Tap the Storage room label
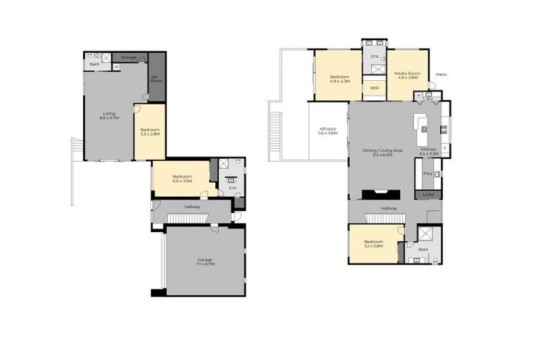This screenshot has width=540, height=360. click(x=129, y=57)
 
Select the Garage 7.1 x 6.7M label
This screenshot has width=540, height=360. click(x=205, y=262)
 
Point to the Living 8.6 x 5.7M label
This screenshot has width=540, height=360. click(x=109, y=115)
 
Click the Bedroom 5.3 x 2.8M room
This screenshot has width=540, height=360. click(x=150, y=131)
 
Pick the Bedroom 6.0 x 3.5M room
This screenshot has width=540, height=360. click(x=184, y=179)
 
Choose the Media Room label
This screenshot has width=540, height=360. click(x=407, y=75)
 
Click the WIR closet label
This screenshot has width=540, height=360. click(x=374, y=89)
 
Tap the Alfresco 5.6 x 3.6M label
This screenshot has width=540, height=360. click(x=328, y=131)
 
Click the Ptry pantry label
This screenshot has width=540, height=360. click(x=427, y=172)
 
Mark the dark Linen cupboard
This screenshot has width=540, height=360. click(x=428, y=194)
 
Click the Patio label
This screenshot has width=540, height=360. click(x=441, y=74)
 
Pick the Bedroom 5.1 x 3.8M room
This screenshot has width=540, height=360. click(x=373, y=243)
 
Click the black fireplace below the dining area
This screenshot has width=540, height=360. click(x=380, y=195)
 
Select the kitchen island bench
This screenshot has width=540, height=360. click(x=422, y=126)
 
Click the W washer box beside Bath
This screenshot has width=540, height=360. click(x=116, y=67)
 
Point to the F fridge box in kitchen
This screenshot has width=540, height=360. click(x=445, y=148)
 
